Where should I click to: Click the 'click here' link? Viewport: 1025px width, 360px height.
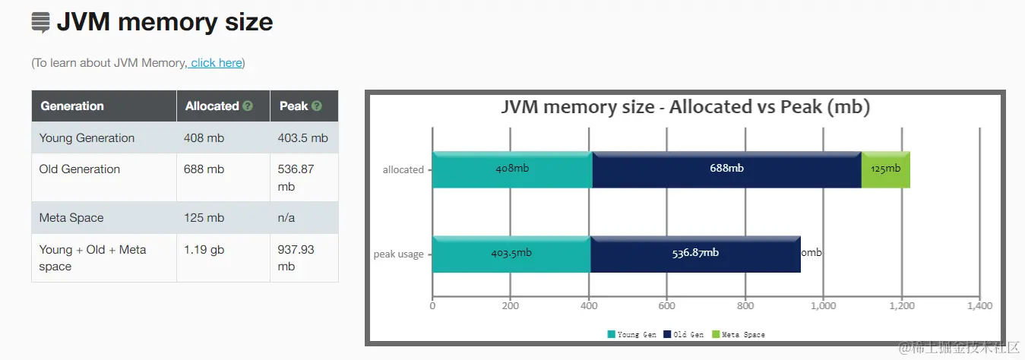coord(217,63)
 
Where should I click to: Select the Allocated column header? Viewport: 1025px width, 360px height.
coord(212,106)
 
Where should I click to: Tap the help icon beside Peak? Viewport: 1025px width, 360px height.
coord(317,106)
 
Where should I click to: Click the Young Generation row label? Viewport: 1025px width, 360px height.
coord(87,138)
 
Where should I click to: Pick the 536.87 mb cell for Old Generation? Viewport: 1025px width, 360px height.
coord(296,178)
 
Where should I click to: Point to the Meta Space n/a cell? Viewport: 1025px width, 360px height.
coord(286,218)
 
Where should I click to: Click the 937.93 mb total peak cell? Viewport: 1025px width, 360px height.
coord(296,257)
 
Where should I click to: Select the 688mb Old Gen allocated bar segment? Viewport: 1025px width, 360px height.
coord(726,169)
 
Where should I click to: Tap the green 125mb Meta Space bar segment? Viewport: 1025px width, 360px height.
coord(885,169)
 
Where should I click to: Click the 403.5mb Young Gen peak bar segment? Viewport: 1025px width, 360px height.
coord(511,254)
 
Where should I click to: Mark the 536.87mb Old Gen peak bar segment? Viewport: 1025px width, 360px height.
coord(695,254)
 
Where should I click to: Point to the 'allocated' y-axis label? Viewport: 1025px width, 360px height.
coord(403,170)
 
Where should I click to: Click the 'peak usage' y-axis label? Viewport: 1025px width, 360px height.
coord(399,254)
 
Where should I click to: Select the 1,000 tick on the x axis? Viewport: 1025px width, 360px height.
coord(824,306)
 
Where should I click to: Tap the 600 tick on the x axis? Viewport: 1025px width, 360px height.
coord(667,306)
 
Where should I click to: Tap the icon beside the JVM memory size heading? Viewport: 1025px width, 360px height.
coord(40,23)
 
